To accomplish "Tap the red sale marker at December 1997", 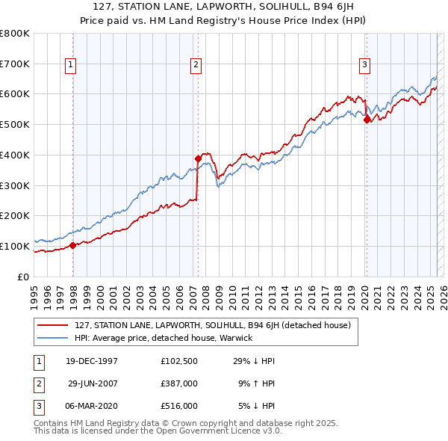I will tap(72, 244).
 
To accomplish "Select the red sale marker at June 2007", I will tap(198, 158).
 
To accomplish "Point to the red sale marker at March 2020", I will tap(367, 119).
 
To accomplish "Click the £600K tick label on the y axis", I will tap(15, 94).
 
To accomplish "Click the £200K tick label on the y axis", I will tap(15, 215).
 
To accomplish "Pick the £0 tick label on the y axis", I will tap(22, 277).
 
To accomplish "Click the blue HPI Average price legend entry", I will tap(164, 338).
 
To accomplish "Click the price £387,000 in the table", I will tap(179, 383).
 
